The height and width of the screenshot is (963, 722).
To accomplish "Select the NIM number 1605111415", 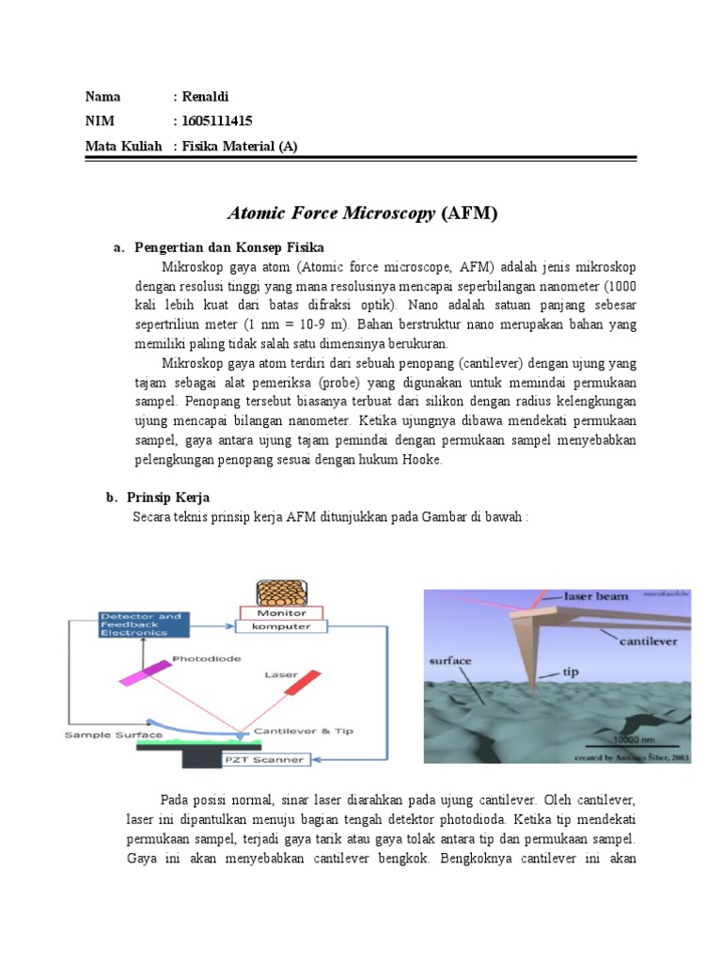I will tap(217, 121).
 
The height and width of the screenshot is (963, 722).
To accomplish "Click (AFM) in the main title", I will tap(469, 213).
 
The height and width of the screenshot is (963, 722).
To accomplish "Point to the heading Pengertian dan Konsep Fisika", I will tap(229, 247).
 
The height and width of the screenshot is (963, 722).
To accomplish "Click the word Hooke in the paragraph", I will tap(418, 460).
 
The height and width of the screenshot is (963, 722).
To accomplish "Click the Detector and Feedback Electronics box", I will tap(144, 624).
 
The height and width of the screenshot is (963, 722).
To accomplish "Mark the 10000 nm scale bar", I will tap(638, 740).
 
